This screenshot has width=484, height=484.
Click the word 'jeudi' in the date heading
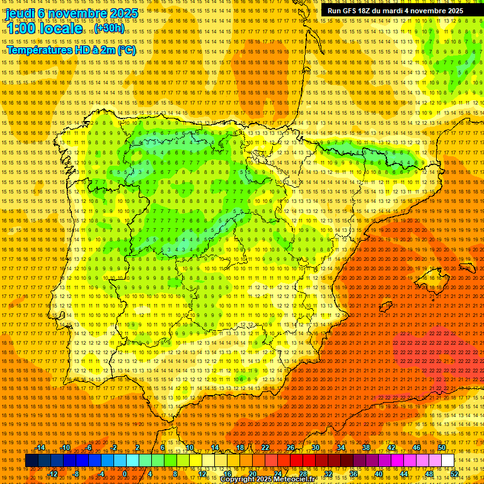20,13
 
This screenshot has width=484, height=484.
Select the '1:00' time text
20,29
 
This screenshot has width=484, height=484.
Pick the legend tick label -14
40,447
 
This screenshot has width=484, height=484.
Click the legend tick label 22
265,447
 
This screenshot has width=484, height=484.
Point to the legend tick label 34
340,447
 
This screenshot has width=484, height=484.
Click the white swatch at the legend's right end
447,461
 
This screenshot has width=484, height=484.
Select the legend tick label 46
416,447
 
